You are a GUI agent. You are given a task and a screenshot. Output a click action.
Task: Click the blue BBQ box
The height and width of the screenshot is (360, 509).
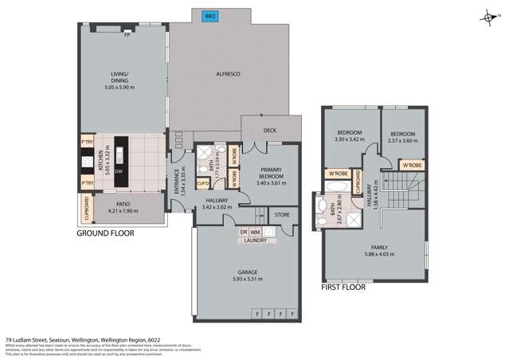[210, 16]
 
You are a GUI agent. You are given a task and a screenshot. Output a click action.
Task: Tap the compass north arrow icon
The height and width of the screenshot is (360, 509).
[487, 18]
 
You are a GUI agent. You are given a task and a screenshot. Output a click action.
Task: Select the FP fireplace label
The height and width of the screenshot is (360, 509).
[127, 34]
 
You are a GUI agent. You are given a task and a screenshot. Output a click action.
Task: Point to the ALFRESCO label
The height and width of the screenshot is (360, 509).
[229, 74]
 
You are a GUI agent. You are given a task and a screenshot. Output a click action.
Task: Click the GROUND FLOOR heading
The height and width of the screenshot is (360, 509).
[105, 234]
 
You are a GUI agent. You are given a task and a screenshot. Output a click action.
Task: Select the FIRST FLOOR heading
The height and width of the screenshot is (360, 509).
[343, 287]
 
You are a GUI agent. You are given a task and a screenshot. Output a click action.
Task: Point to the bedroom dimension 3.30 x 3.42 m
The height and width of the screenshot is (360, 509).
[350, 139]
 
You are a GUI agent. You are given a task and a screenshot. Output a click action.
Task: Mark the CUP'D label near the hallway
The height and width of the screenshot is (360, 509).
[203, 186]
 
